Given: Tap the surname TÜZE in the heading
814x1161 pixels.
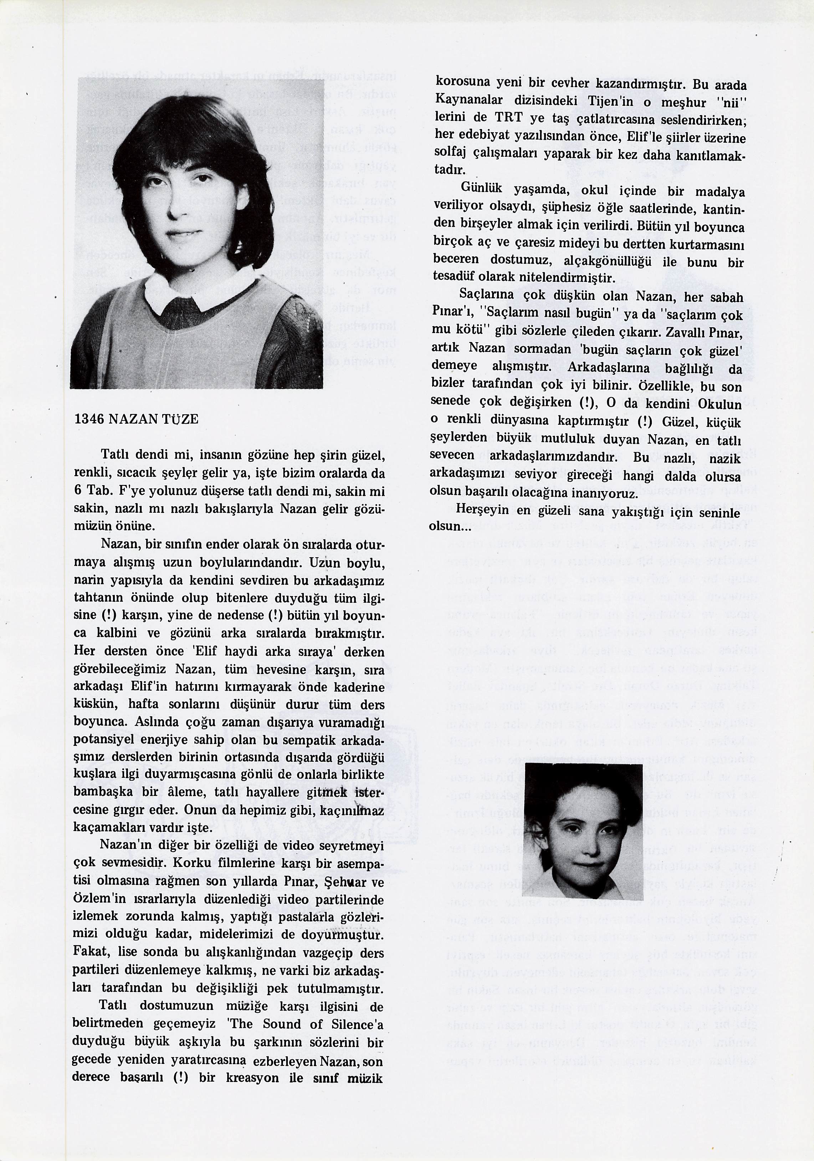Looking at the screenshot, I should point(179,419).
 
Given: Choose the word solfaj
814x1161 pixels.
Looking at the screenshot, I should point(450,153).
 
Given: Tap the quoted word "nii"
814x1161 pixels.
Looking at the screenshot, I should point(731,101).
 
